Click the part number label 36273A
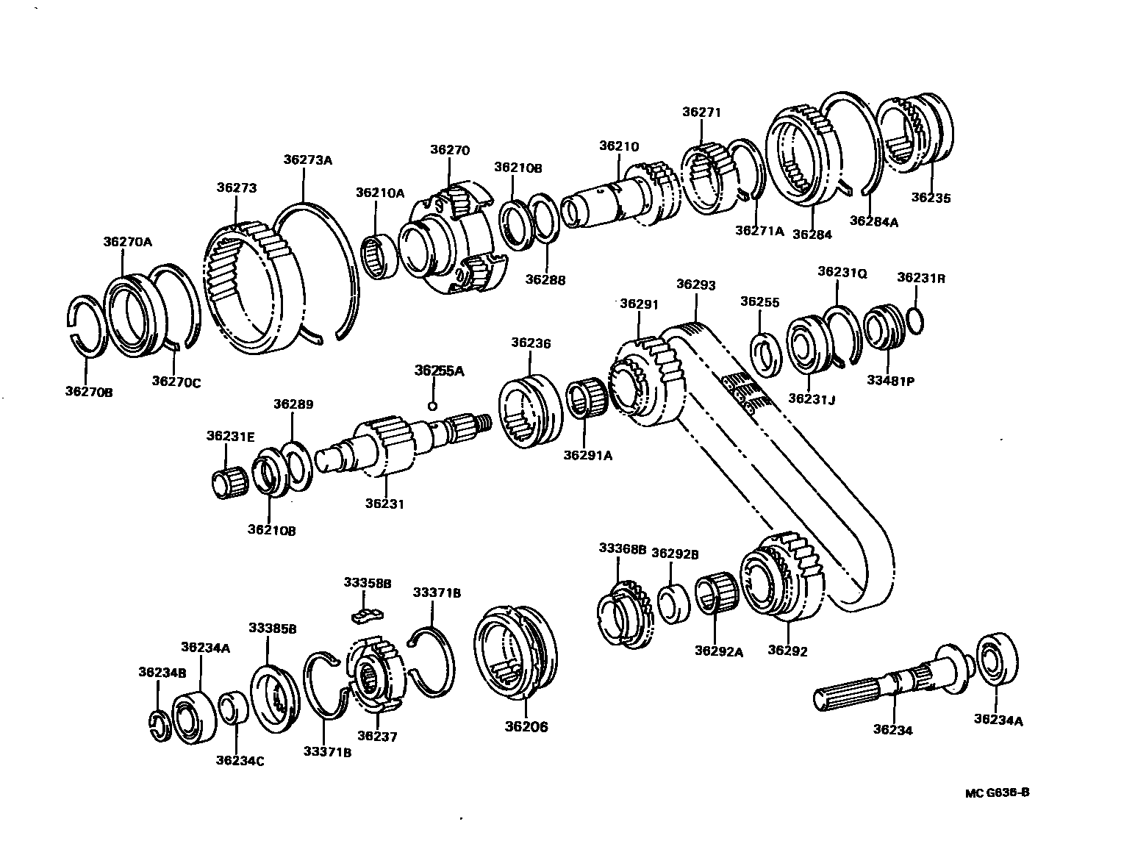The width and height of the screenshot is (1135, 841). coord(308,160)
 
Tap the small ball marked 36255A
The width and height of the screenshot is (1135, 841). coord(433,405)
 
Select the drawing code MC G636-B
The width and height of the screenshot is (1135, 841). coord(997,792)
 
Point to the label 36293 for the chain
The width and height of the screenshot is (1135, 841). coord(695,284)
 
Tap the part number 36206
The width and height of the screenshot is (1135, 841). coord(526,727)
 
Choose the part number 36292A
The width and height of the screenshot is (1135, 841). coord(718,651)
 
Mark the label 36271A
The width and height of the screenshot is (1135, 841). coord(759,231)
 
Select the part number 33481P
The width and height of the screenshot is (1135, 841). coord(889,381)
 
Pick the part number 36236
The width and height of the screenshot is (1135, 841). coord(531,343)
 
